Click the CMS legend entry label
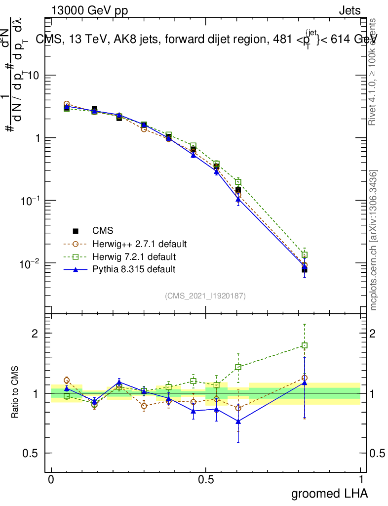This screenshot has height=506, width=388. point(103,231)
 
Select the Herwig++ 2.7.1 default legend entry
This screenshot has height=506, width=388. point(139,244)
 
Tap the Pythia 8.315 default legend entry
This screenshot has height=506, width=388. point(133,269)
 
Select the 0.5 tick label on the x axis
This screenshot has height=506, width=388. point(206,480)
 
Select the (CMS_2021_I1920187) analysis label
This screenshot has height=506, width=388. point(205,295)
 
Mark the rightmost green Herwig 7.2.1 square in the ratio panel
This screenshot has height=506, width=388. point(305,345)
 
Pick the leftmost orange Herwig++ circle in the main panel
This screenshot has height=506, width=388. point(67,104)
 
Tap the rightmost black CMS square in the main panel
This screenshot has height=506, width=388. point(305,270)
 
